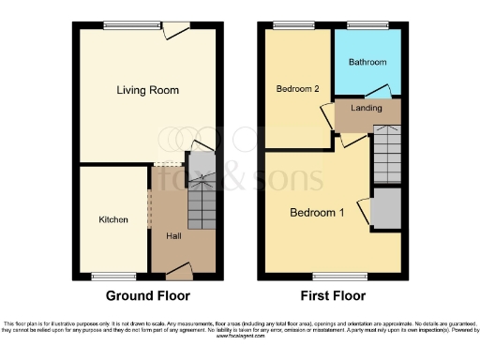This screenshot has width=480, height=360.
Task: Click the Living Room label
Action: coord(147,90)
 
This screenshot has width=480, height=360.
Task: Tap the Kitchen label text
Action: coord(114,220)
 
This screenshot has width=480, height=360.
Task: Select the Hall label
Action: coord(174,235)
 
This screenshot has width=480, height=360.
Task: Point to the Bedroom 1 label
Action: coord(316,213)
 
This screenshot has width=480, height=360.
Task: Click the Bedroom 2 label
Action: coord(298,89)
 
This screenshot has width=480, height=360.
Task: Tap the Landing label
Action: coord(366,109)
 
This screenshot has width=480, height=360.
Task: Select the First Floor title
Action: coord(332,295)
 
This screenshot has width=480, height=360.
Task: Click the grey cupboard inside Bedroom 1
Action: coord(385,211)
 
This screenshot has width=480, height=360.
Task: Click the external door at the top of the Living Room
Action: coord(173,30)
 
